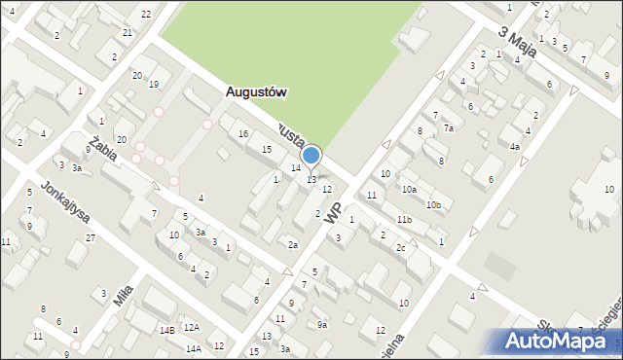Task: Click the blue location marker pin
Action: tap(311, 156)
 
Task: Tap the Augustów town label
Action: tap(255, 92)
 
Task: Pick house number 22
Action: tap(145, 14)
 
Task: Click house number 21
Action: tap(128, 32)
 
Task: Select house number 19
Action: tap(153, 84)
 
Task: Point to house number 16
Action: tap(242, 133)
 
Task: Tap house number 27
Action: tap(90, 237)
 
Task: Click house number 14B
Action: tap(167, 331)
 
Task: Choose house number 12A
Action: tap(192, 328)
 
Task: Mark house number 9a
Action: tap(320, 324)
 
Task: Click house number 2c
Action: tap(400, 247)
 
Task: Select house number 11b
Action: tap(403, 220)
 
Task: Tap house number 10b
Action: tap(432, 204)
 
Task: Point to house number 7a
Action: tap(449, 127)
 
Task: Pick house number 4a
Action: tap(515, 147)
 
